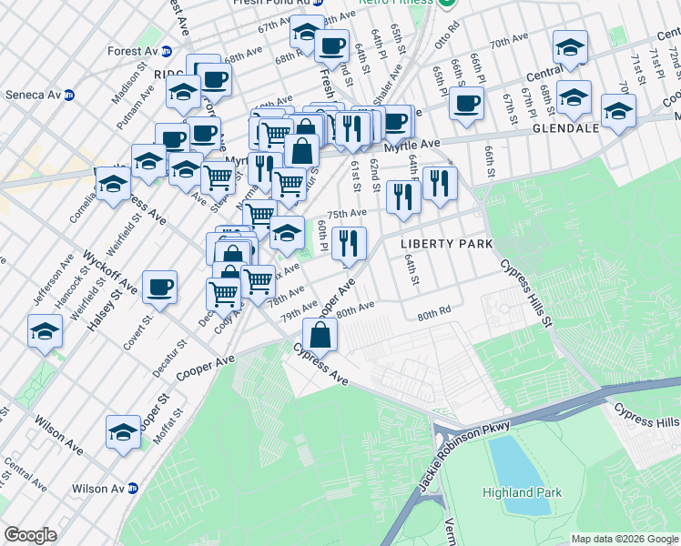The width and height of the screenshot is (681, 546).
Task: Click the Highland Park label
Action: click(522, 492)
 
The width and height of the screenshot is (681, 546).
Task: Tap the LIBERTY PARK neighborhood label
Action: click(447, 244)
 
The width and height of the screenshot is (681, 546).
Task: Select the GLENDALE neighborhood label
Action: click(564, 128)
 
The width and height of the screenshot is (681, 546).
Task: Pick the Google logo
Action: click(31, 535)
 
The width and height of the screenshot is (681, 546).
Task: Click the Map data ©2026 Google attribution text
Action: click(625, 539)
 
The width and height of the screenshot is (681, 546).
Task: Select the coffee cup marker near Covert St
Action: click(160, 288)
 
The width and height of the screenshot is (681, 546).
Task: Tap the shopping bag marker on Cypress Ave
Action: click(320, 335)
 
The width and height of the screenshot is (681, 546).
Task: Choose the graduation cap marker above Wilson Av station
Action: click(123, 431)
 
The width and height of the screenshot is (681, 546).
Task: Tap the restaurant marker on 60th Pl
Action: click(349, 243)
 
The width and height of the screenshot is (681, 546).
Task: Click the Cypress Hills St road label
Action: click(527, 294)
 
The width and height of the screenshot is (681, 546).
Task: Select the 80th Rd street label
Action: click(434, 314)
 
